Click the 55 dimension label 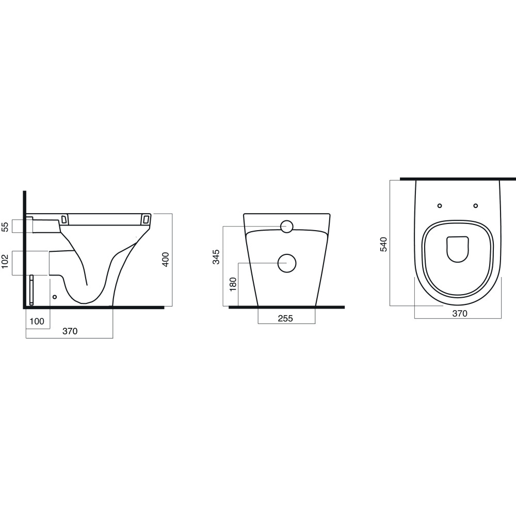[x=5, y=227]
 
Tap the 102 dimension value [x=5, y=261]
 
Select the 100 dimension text [x=37, y=321]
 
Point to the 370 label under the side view [x=70, y=331]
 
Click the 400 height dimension [x=166, y=260]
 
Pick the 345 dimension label [x=216, y=257]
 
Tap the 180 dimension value [x=233, y=284]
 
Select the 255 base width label [x=285, y=318]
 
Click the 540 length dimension [x=384, y=244]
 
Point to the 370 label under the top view [x=459, y=314]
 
